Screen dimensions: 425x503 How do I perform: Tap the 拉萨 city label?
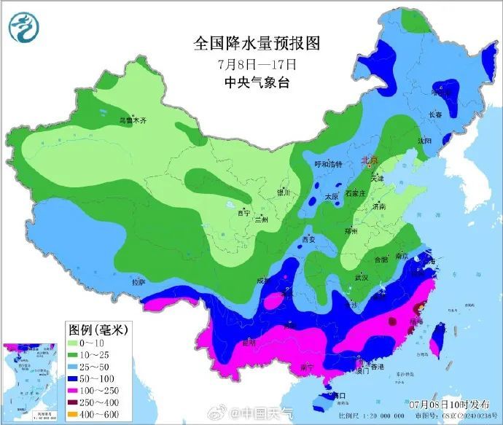138,281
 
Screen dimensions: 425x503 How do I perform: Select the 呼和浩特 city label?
327,165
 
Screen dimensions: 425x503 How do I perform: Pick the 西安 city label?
310,238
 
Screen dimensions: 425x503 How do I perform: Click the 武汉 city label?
362,278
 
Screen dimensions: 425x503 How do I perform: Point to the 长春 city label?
435,114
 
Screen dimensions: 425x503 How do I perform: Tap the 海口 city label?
338,395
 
